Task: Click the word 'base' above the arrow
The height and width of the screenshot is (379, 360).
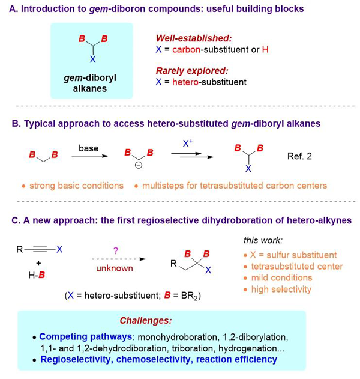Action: point(89,147)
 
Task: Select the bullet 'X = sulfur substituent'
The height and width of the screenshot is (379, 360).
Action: point(292,255)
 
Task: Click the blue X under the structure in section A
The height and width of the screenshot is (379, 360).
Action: point(92,61)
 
